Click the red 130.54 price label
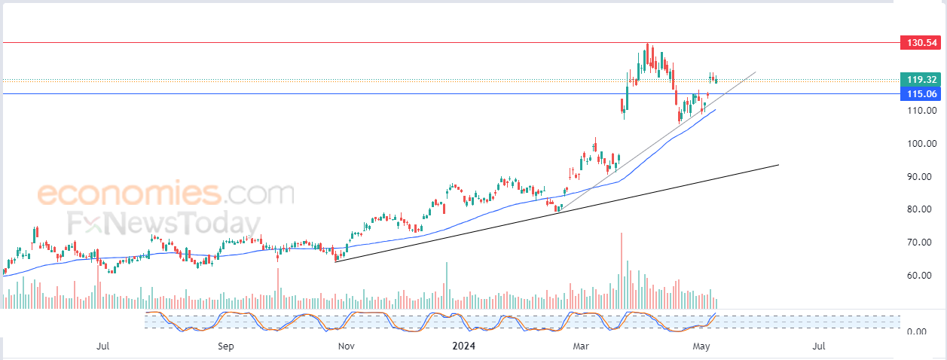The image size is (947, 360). pyautogui.click(x=921, y=43)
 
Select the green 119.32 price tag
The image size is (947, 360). pyautogui.click(x=921, y=79)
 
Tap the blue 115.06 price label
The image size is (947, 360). pyautogui.click(x=921, y=94)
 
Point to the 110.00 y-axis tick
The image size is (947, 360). pyautogui.click(x=921, y=111)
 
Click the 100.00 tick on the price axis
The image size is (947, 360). pyautogui.click(x=921, y=144)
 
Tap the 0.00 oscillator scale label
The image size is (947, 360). pyautogui.click(x=917, y=331)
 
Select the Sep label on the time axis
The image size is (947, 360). pyautogui.click(x=225, y=346)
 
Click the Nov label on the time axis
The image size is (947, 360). pyautogui.click(x=347, y=346)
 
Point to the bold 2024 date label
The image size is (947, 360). pyautogui.click(x=463, y=346)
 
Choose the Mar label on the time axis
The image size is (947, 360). pyautogui.click(x=581, y=346)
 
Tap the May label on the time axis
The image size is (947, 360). pyautogui.click(x=701, y=346)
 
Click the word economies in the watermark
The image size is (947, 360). pyautogui.click(x=130, y=193)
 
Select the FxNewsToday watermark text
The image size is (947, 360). pyautogui.click(x=164, y=223)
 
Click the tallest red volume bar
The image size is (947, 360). pyautogui.click(x=622, y=270)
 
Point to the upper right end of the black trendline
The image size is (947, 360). pyautogui.click(x=778, y=165)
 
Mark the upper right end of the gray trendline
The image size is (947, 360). pyautogui.click(x=756, y=72)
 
